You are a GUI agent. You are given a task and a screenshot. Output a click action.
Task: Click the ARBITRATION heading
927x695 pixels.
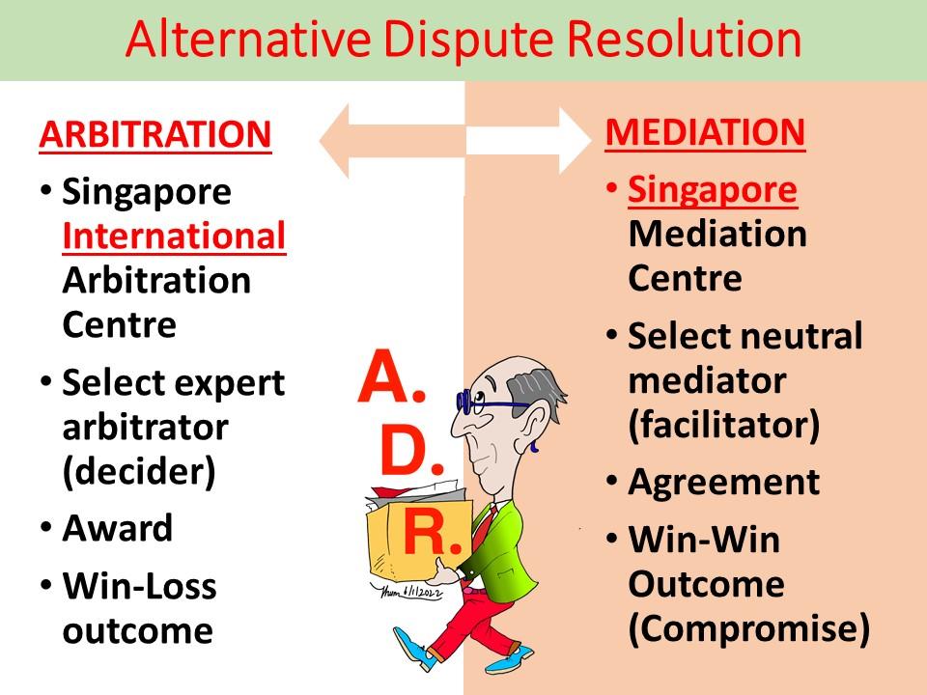pyautogui.click(x=154, y=134)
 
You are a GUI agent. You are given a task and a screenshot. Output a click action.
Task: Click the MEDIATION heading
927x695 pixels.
pyautogui.click(x=705, y=132)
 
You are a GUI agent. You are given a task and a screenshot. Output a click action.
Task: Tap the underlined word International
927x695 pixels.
pyautogui.click(x=174, y=236)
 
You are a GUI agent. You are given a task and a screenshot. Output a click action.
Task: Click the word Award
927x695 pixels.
pyautogui.click(x=117, y=528)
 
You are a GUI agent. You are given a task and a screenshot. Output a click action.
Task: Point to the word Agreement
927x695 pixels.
pyautogui.click(x=723, y=482)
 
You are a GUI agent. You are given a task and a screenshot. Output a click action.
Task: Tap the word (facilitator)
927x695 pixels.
pyautogui.click(x=723, y=425)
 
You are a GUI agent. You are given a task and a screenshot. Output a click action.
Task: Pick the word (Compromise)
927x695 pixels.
pyautogui.click(x=748, y=628)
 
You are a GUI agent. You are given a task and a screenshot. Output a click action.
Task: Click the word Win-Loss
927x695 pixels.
pyautogui.click(x=139, y=586)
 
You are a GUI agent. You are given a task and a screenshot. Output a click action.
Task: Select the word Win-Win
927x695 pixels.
pyautogui.click(x=704, y=540)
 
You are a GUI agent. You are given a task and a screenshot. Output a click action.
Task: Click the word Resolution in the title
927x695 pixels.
pyautogui.click(x=674, y=40)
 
